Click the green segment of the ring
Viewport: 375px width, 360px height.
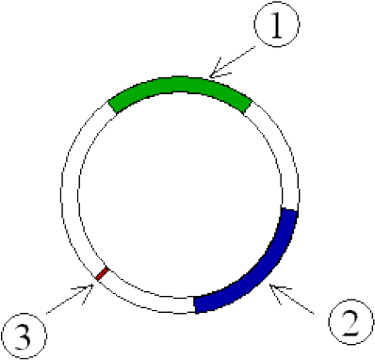179,87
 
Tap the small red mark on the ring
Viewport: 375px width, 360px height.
103,274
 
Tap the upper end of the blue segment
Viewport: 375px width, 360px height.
289,215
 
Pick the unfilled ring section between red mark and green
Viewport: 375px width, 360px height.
71,188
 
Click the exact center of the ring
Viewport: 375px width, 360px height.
180,193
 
